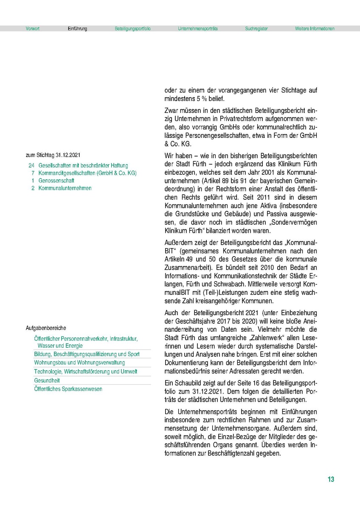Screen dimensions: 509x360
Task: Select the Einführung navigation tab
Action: coord(77,29)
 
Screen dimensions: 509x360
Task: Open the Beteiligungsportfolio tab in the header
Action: coord(132,29)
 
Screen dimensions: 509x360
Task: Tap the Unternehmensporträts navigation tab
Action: coord(198,29)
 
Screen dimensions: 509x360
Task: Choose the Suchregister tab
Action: coord(256,29)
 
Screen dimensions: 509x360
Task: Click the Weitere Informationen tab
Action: coord(315,29)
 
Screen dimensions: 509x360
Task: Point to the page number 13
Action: coord(331,479)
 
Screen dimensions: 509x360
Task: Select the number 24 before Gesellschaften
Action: coord(31,165)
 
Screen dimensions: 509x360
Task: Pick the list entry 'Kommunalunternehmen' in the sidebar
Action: coord(65,188)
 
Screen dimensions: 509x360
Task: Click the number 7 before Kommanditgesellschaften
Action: coord(32,173)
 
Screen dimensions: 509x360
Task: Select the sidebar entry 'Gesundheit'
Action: coord(47,380)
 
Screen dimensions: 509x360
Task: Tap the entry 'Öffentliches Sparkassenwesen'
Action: coord(68,389)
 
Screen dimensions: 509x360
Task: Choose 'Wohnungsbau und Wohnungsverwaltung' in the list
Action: coord(79,363)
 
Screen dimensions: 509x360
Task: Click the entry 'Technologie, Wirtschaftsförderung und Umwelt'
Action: coord(86,372)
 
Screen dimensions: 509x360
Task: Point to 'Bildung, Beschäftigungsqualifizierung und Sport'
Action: coord(87,354)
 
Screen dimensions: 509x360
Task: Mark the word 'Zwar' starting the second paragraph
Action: coord(172,111)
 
